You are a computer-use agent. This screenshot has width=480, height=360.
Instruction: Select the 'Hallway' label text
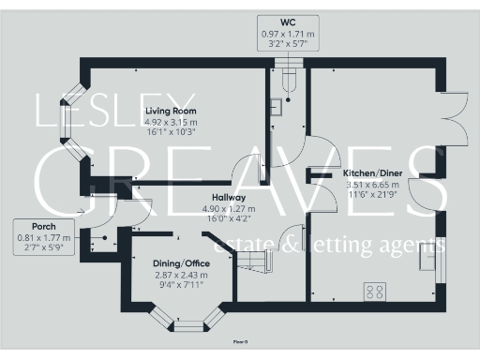point(228,198)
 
